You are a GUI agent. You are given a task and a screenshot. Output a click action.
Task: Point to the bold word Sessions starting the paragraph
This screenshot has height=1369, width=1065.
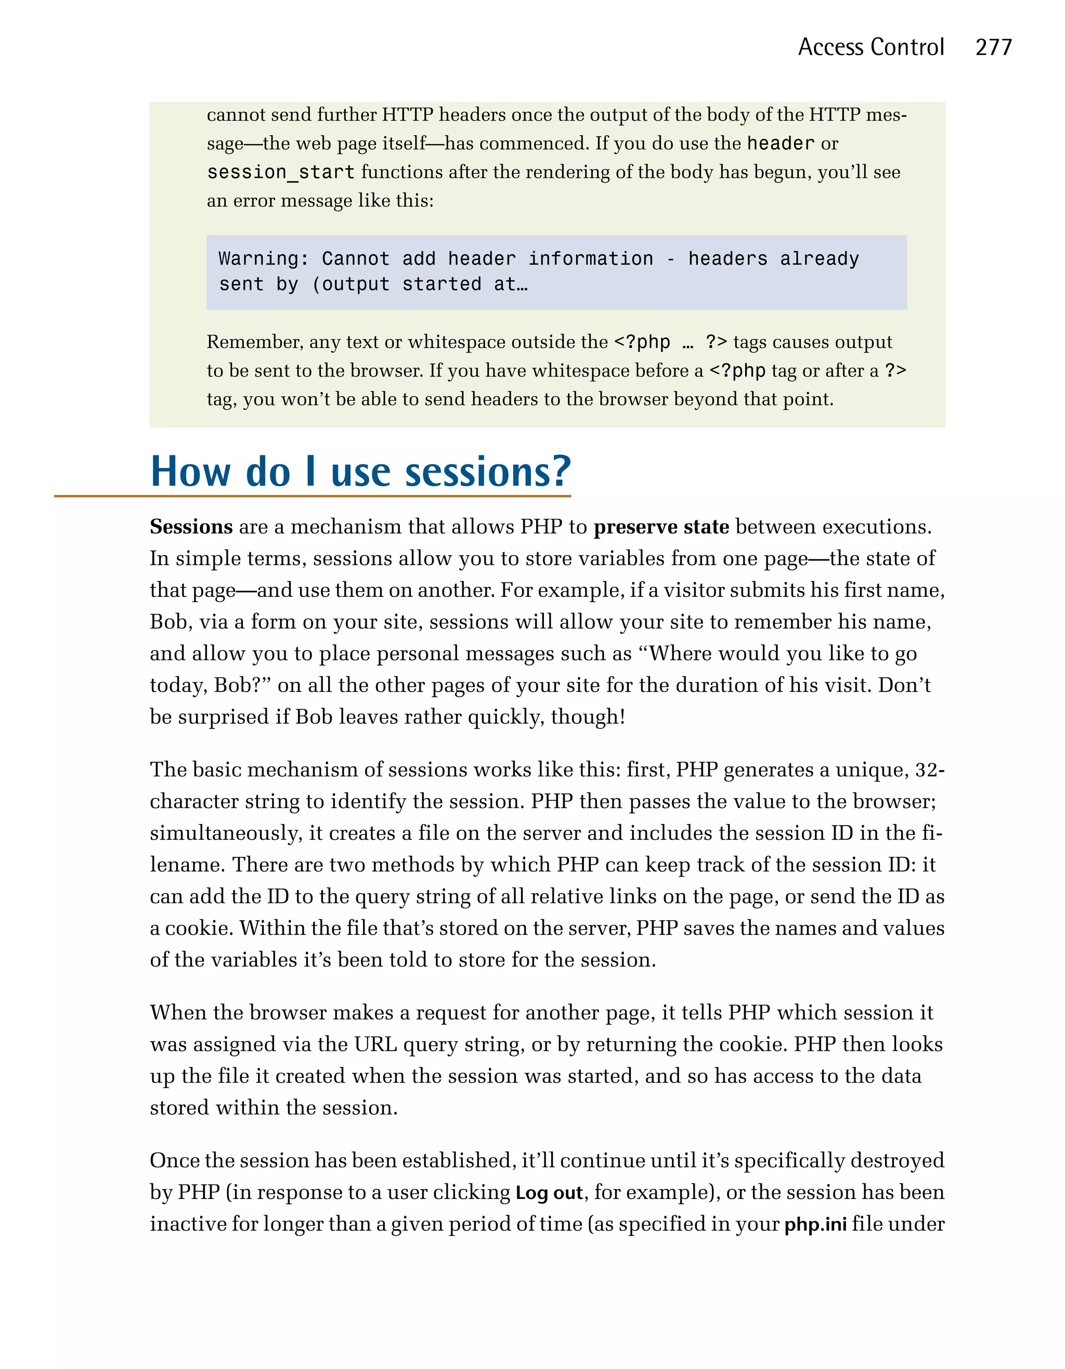[191, 527]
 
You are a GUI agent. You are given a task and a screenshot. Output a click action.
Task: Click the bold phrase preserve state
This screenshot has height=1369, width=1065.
[661, 527]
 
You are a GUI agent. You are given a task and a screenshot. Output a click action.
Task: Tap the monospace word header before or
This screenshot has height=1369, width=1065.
[780, 144]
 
